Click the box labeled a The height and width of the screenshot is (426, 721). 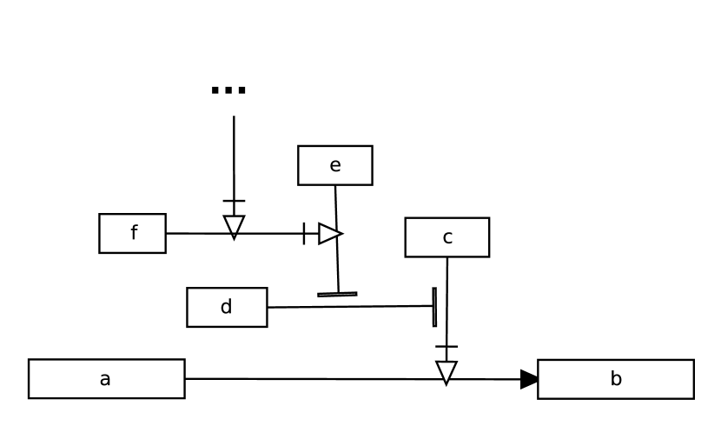click(106, 379)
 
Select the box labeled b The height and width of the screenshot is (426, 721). click(615, 379)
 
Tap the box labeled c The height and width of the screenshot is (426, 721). click(446, 237)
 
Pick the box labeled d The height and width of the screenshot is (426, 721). click(227, 307)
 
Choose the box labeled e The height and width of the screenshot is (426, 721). click(334, 165)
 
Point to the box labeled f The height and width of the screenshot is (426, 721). click(132, 233)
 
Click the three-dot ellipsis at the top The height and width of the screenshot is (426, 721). click(228, 90)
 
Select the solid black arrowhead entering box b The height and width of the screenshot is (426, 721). click(529, 379)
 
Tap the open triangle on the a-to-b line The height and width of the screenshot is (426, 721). click(446, 372)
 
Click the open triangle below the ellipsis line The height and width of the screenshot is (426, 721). click(234, 226)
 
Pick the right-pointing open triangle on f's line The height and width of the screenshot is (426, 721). click(329, 233)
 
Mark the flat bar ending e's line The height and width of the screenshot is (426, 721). click(337, 295)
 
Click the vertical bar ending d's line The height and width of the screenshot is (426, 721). click(434, 306)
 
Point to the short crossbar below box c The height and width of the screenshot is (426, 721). click(446, 347)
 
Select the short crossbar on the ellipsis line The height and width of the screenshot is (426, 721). click(234, 201)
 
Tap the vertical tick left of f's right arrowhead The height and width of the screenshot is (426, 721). click(304, 233)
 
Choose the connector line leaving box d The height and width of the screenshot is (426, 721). click(347, 307)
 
